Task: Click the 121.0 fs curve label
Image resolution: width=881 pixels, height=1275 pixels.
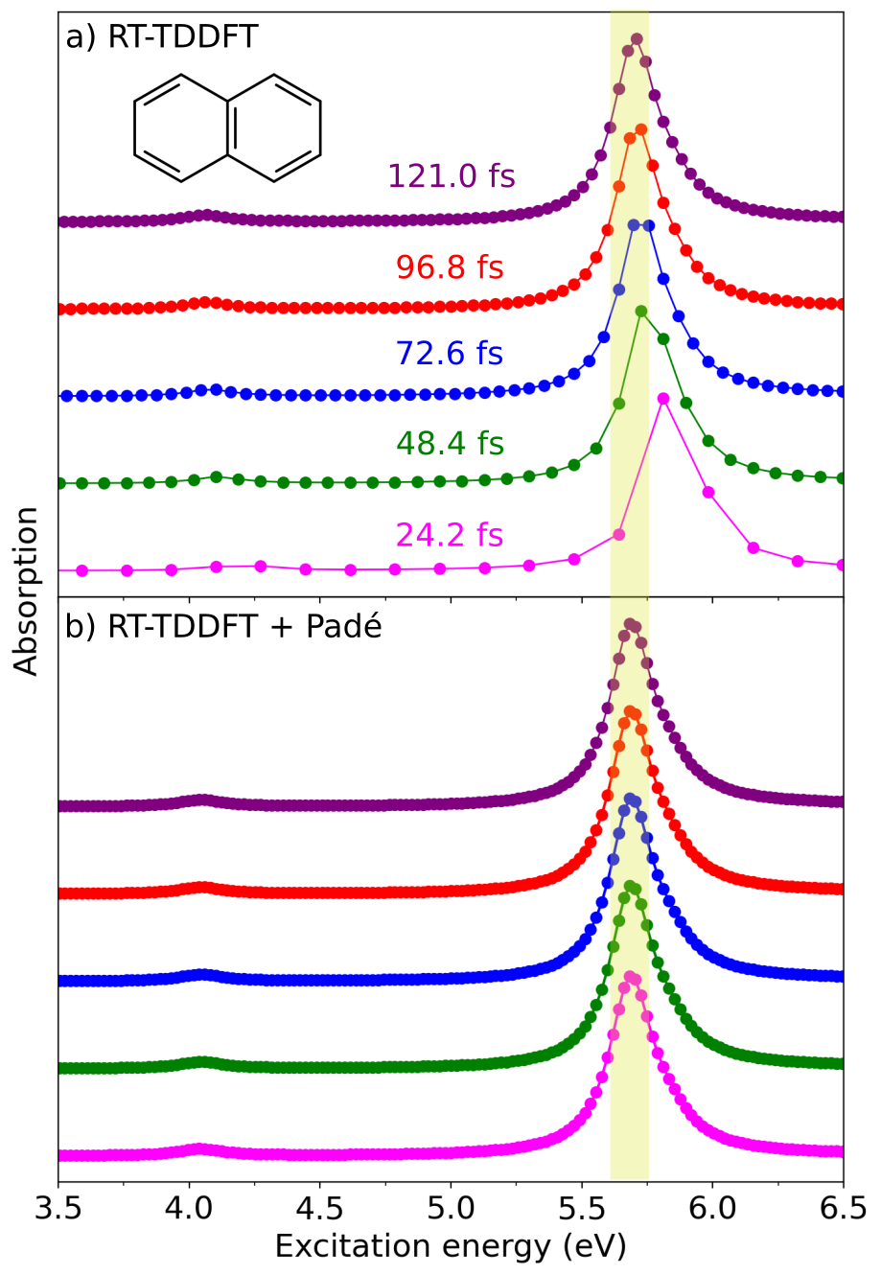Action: point(451,176)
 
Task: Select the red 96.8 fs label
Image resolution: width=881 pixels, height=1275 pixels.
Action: point(450,267)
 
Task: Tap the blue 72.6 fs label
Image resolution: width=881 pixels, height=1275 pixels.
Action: point(450,354)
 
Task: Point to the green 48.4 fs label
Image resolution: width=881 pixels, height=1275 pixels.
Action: point(450,444)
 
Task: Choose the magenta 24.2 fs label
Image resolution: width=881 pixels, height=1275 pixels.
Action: point(450,535)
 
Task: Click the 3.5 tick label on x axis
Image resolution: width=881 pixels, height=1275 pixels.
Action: point(58,1205)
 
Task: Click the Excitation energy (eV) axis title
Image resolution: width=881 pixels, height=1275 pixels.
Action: point(451,1245)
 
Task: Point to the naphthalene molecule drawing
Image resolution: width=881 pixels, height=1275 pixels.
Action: point(227,127)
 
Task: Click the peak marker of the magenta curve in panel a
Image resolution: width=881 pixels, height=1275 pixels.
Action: point(663,398)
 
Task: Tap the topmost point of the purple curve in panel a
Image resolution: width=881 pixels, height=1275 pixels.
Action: point(637,39)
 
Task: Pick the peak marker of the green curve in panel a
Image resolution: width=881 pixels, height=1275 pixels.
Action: point(640,311)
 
